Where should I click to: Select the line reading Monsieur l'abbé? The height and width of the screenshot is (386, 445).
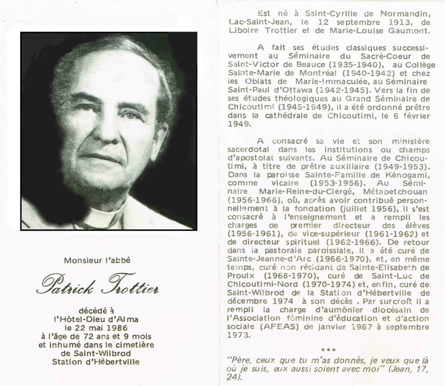point(97,261)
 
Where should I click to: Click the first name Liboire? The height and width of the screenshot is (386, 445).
point(245,30)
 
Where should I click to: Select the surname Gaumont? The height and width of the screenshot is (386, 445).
point(398,30)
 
